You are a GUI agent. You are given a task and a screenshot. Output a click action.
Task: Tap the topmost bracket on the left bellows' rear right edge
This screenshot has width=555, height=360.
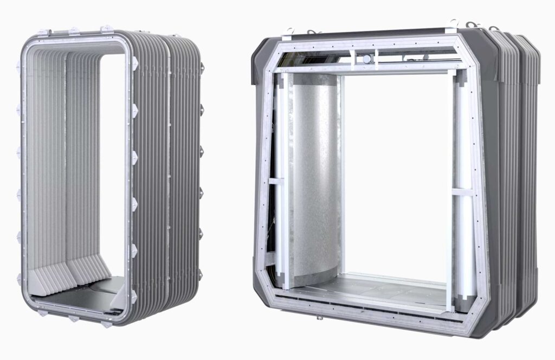point(202,67)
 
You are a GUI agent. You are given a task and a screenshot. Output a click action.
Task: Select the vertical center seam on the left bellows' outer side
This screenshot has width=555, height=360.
point(169,179)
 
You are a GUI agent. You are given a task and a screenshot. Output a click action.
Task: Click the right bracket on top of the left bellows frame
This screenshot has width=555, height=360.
point(106,29)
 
